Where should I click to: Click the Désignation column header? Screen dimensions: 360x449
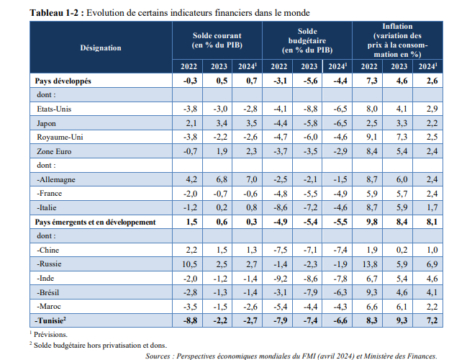100,48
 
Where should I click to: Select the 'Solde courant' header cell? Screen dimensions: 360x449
217,40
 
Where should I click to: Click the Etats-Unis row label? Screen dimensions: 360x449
57,109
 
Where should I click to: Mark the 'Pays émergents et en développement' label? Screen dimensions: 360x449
96,222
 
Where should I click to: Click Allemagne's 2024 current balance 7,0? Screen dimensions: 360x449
248,180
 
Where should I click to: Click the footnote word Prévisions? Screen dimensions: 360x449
50,334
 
